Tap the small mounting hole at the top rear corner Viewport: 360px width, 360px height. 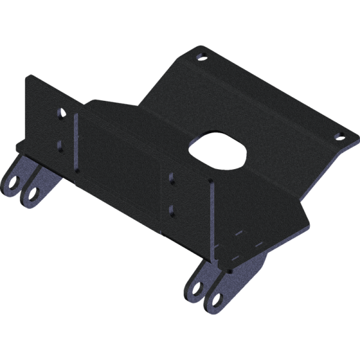point(202,56)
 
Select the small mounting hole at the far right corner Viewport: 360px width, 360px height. point(340,136)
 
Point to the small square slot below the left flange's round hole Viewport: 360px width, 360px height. point(60,145)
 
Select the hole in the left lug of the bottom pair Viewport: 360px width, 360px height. point(195,287)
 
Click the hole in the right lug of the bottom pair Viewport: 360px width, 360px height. point(214,298)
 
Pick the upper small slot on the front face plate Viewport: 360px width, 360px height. point(173,179)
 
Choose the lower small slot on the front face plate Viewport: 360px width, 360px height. point(173,209)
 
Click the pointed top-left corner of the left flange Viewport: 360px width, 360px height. point(29,76)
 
